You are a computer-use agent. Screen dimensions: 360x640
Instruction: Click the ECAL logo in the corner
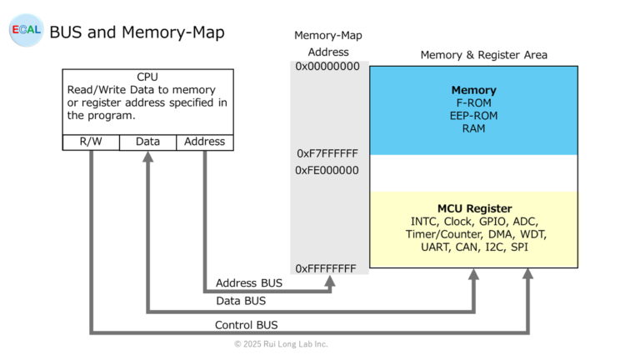26,30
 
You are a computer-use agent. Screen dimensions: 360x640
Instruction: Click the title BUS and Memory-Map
137,32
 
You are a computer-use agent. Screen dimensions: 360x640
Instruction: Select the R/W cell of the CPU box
91,142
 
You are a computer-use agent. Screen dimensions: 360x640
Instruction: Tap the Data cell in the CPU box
147,142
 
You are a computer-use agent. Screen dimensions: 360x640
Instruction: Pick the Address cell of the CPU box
204,142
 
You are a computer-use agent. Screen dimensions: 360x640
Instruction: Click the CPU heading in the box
147,77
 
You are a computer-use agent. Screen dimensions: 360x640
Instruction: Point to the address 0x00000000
327,66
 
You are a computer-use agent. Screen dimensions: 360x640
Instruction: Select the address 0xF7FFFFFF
327,153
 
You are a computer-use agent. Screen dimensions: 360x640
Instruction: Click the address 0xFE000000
327,170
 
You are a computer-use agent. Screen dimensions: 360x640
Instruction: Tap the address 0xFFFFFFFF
327,268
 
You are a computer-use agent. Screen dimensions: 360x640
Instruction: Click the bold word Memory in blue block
473,90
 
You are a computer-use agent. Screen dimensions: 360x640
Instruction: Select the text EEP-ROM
473,115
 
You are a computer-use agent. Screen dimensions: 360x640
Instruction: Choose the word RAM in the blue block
473,128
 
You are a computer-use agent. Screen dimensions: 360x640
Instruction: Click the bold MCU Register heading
474,208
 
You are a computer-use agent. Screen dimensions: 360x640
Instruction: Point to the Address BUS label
248,283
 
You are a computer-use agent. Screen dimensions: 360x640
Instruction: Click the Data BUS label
241,301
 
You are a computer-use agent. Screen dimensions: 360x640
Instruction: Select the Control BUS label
247,325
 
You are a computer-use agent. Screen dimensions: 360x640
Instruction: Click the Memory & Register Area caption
483,55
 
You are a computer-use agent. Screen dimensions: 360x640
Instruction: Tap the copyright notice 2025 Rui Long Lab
281,343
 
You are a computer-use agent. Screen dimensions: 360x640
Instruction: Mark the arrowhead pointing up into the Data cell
147,157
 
